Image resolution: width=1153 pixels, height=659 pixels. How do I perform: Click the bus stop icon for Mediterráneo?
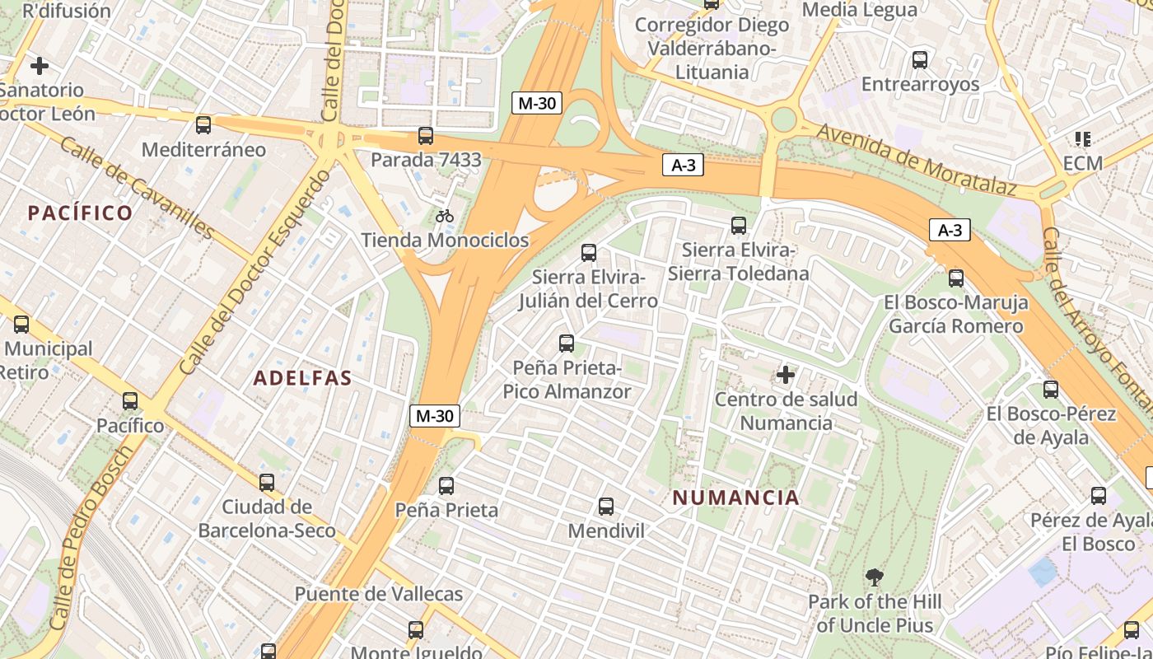[203, 125]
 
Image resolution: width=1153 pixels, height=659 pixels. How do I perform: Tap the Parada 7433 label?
[426, 159]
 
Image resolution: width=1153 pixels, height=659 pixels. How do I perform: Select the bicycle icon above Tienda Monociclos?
[445, 216]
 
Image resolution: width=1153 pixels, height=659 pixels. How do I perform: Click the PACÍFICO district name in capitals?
[81, 213]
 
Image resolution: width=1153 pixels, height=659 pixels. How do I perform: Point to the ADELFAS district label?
[302, 378]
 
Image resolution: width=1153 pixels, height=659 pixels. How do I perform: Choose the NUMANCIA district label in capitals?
[735, 498]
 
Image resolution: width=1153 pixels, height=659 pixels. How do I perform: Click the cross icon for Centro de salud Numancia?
[786, 376]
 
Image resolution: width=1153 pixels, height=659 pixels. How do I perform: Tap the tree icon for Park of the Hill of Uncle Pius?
[875, 577]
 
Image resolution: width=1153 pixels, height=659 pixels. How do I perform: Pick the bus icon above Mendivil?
[606, 507]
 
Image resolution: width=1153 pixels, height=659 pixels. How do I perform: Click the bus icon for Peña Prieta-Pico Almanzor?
[567, 344]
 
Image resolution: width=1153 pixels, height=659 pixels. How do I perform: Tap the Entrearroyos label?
[920, 84]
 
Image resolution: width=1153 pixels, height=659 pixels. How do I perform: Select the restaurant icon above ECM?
[1082, 139]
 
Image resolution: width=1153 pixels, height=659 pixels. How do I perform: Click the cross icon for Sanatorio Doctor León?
[40, 66]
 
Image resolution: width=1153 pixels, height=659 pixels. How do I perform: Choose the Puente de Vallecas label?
[378, 594]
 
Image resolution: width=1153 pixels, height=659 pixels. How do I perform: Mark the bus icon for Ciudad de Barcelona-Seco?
[267, 483]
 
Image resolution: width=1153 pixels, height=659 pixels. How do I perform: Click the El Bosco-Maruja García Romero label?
[955, 315]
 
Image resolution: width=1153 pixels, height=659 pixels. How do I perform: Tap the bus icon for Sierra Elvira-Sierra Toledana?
[739, 225]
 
